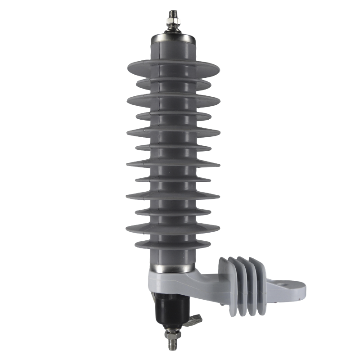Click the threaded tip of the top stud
coord(173,13)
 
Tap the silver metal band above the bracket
coord(173,268)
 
